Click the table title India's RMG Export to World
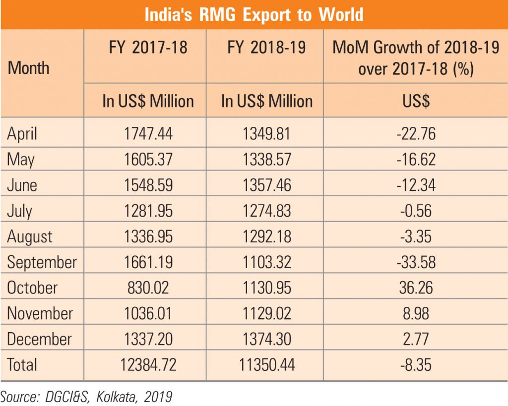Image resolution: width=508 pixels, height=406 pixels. pos(254,14)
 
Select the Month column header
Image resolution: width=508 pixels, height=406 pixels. pos(28,68)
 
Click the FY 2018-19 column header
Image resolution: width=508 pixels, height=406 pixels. pos(267,48)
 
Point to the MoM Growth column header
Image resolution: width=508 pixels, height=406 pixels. pos(416,58)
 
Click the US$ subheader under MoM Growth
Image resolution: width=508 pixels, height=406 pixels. pos(416,101)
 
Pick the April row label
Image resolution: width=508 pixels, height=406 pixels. pos(22,133)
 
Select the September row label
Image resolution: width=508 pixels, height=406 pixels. pos(42,262)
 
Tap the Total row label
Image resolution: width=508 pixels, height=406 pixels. pos(22,365)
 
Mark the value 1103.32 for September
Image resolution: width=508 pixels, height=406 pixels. pos(267,262)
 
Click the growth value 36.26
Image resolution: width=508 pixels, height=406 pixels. pos(416,288)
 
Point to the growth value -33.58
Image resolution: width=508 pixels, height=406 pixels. pos(416,262)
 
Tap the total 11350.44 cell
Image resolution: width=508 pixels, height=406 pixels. pos(267,365)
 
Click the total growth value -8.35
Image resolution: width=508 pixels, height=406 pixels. pos(416,365)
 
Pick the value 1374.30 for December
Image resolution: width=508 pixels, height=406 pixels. pos(267,340)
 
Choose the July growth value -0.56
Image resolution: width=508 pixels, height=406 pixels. pos(416,211)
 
